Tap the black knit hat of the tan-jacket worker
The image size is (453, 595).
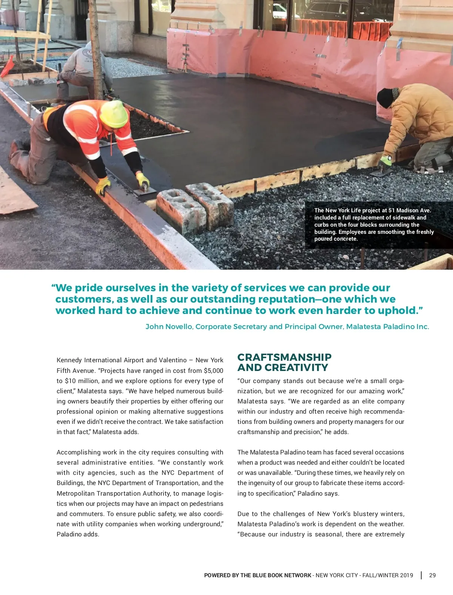point(385,97)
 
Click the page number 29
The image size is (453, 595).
point(432,575)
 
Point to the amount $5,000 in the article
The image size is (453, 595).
point(213,371)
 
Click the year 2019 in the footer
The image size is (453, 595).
point(406,575)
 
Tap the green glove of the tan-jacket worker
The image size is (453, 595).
point(386,161)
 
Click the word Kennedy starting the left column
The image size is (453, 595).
point(69,360)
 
